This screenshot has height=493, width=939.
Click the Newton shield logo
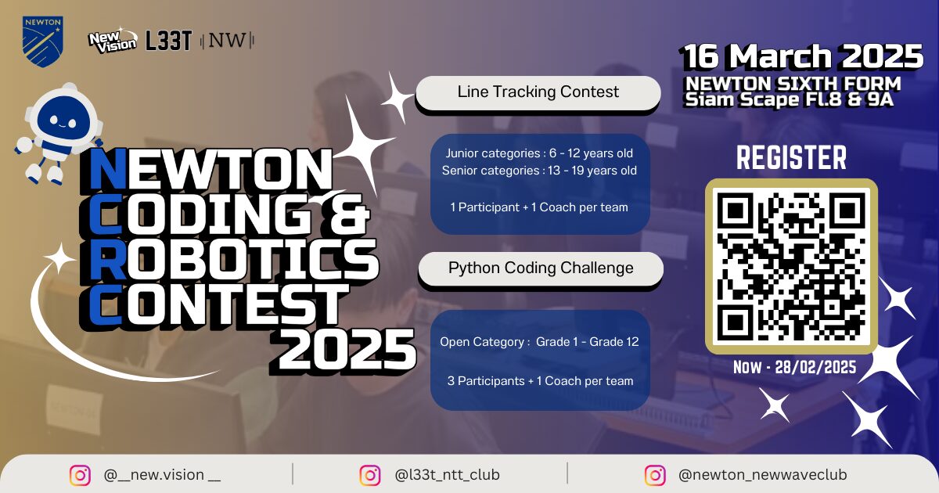tap(43, 41)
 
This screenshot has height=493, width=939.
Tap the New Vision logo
tap(113, 41)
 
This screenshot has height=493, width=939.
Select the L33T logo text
tap(168, 41)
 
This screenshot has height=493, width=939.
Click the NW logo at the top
tap(227, 41)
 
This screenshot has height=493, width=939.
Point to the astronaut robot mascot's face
tap(63, 121)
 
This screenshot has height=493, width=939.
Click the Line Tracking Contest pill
tap(538, 92)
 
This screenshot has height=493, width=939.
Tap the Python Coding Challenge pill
tap(541, 268)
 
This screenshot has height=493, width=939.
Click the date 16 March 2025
tap(802, 56)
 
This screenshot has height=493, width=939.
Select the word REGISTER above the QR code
tap(791, 157)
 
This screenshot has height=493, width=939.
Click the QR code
tap(791, 267)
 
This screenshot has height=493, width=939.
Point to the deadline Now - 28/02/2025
tap(794, 368)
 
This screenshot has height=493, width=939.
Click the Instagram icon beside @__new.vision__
tap(80, 476)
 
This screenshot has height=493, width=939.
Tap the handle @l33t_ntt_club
tap(447, 475)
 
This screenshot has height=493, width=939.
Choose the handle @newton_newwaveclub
tap(762, 475)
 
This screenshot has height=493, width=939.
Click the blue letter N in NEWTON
tap(107, 169)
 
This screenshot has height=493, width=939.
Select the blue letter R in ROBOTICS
tap(108, 260)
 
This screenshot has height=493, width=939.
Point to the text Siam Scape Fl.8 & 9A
tap(789, 100)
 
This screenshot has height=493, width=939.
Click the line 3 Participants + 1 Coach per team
tap(541, 381)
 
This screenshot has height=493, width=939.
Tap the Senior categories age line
tap(539, 171)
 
